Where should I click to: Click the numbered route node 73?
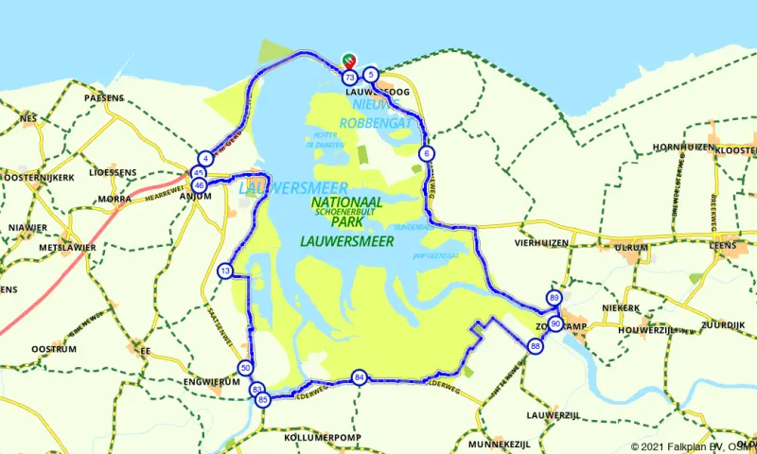pos(350,77)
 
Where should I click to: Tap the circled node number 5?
pos(371,75)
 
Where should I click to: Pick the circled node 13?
pos(224,271)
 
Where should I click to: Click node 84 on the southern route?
pos(358,377)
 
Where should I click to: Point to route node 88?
pos(536,346)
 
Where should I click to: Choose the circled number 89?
pos(554,297)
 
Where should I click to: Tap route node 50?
pos(245,368)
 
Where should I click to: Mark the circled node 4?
pos(205,158)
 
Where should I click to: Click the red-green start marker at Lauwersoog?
pos(348,61)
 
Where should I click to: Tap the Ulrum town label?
pos(631,248)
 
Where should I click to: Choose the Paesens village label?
pos(104,97)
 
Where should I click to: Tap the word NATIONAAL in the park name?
pos(346,202)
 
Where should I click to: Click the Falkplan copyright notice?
pos(693,446)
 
